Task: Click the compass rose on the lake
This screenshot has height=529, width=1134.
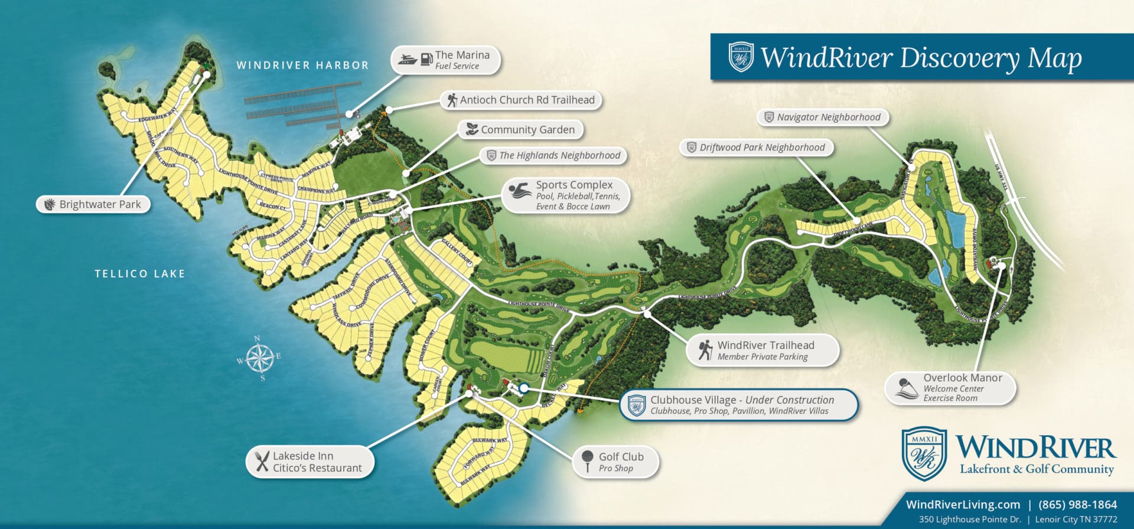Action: pyautogui.click(x=259, y=358)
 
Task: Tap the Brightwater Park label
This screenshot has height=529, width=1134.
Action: pyautogui.click(x=99, y=204)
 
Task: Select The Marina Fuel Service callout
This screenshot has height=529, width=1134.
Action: pyautogui.click(x=447, y=60)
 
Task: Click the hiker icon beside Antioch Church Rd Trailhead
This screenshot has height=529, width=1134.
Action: pyautogui.click(x=452, y=100)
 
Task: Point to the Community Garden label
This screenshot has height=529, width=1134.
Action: pyautogui.click(x=527, y=129)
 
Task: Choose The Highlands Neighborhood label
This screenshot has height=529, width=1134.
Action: pyautogui.click(x=559, y=155)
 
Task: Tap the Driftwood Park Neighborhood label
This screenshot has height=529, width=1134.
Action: pyautogui.click(x=761, y=148)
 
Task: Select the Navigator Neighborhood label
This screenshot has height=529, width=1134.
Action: pyautogui.click(x=827, y=117)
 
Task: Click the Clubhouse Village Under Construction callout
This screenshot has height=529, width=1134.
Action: pyautogui.click(x=741, y=405)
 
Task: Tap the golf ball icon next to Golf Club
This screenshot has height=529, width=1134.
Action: pyautogui.click(x=587, y=461)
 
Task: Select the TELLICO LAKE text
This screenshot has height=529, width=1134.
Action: pyautogui.click(x=140, y=274)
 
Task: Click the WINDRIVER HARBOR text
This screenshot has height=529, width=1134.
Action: pyautogui.click(x=302, y=66)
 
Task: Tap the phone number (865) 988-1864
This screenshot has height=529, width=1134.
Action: pyautogui.click(x=1077, y=504)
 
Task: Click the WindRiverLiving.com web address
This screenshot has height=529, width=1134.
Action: pyautogui.click(x=963, y=504)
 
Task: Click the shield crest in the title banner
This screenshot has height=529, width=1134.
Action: pyautogui.click(x=741, y=57)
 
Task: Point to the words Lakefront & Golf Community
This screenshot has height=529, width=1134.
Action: pyautogui.click(x=1037, y=469)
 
